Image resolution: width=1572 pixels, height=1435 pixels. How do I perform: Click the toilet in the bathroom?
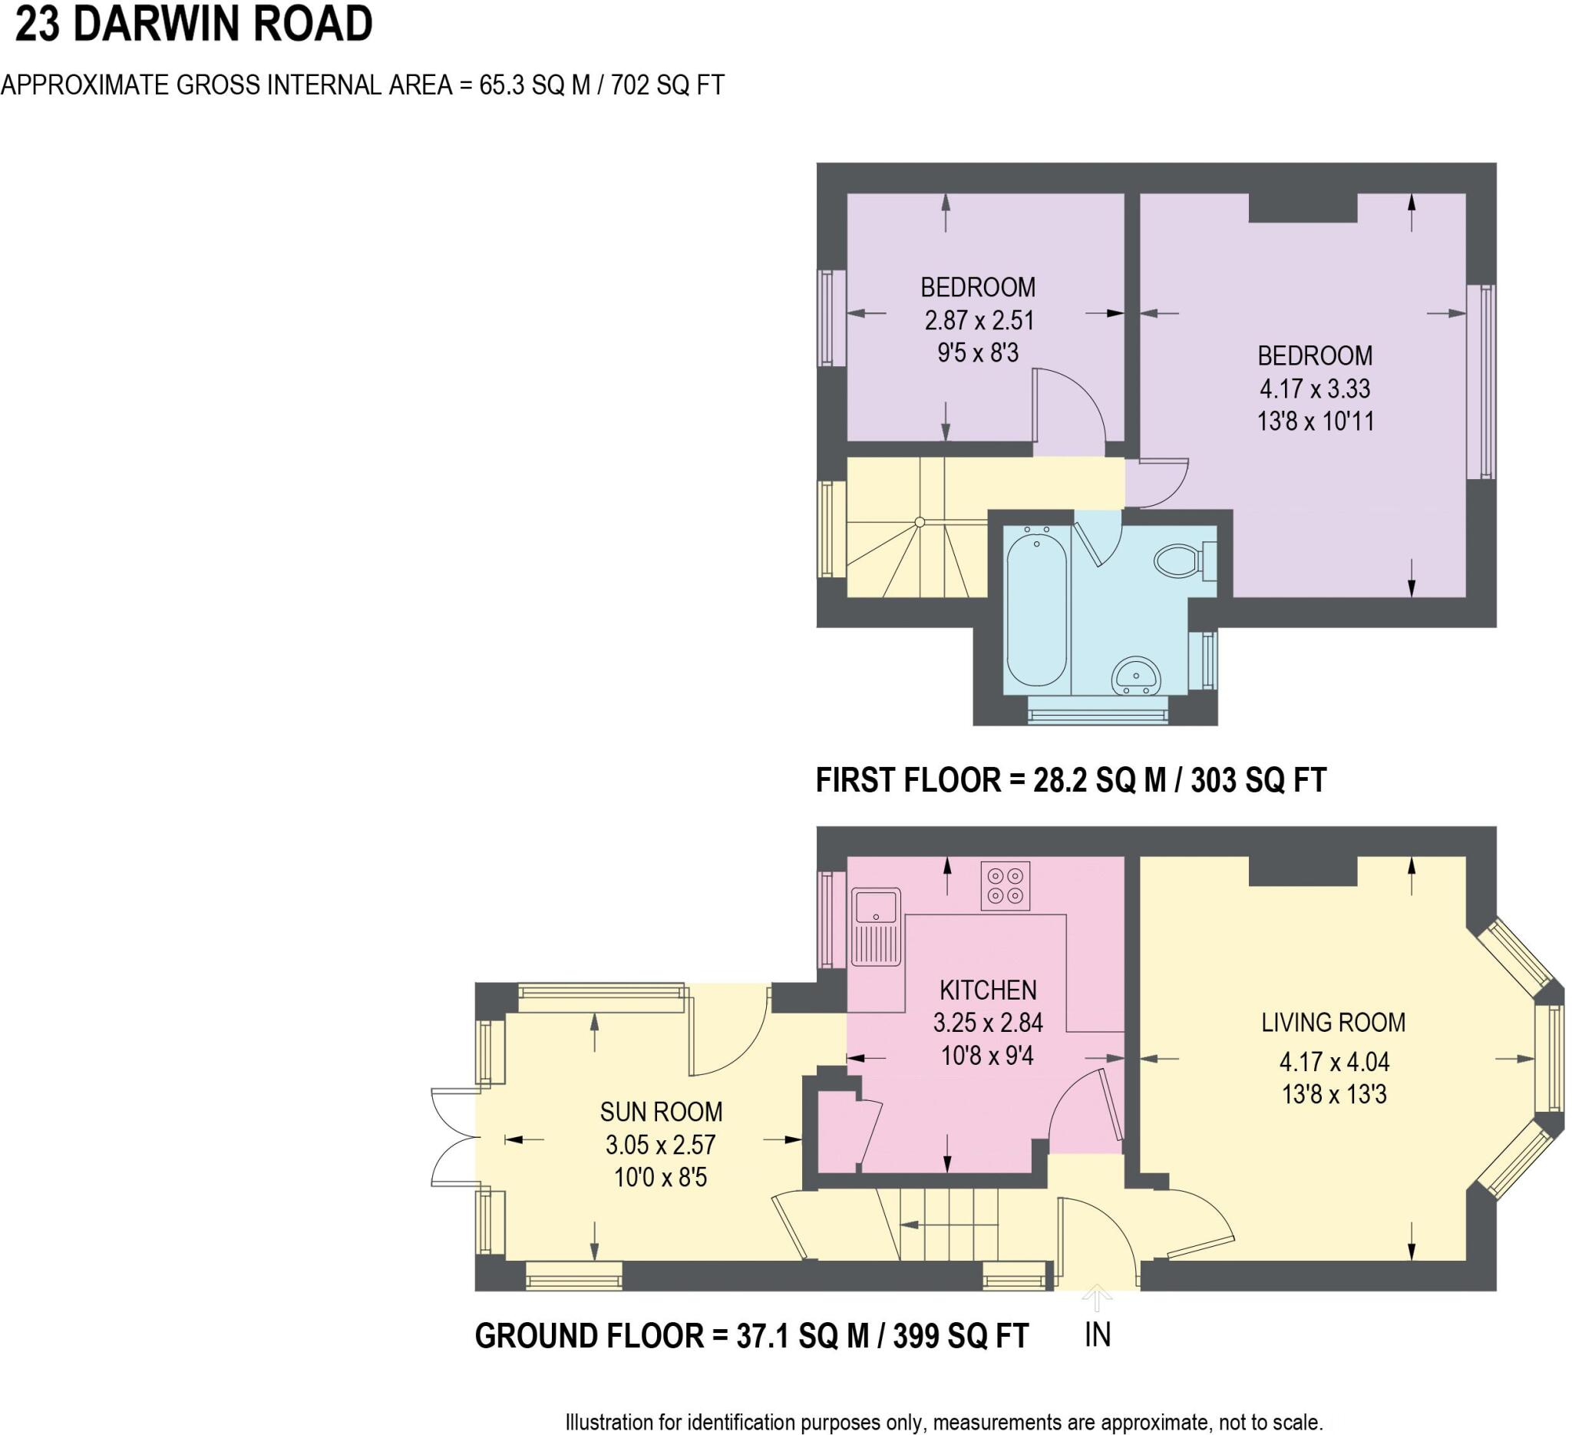(1181, 560)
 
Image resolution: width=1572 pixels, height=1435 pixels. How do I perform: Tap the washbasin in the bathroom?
(1136, 676)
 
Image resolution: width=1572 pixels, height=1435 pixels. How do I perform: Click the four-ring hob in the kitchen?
(1005, 886)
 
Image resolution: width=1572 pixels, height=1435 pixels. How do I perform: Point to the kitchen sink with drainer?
(876, 927)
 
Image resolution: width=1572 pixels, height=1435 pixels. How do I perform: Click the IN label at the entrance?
(1097, 1335)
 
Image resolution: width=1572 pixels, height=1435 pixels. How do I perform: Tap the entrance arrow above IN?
(1097, 1298)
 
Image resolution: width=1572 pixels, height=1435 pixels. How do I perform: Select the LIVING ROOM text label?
(1333, 1023)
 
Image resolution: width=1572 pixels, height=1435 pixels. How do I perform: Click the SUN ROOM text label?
(661, 1111)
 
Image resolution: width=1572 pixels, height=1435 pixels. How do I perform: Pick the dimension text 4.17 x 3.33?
(1315, 389)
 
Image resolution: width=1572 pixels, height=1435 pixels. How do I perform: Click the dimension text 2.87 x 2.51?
(979, 320)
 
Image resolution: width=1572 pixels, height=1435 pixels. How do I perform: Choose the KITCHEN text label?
(988, 990)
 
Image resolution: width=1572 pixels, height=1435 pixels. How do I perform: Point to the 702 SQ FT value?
(668, 85)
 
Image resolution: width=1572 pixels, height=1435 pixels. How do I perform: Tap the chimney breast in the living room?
(1303, 871)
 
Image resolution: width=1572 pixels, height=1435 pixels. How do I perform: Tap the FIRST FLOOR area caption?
(1071, 781)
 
